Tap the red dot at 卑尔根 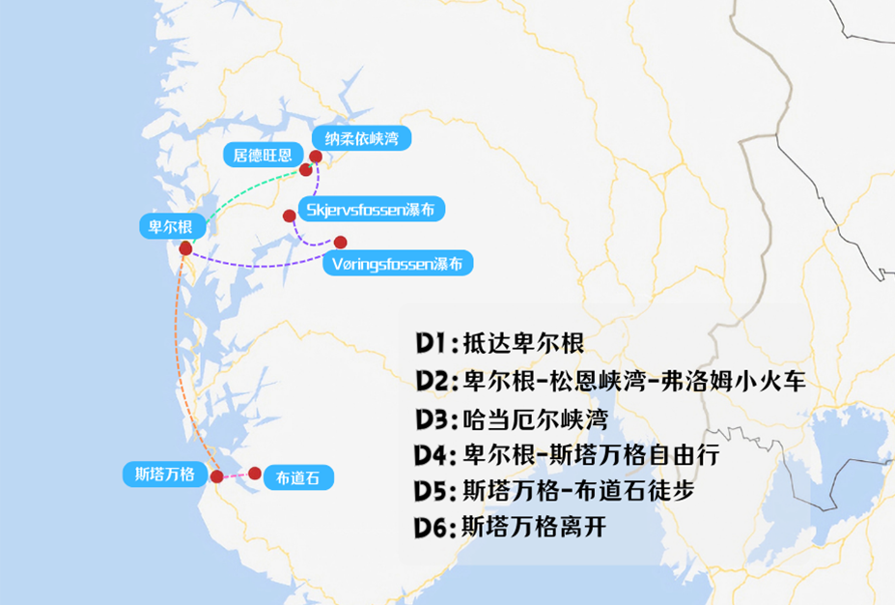coord(185,248)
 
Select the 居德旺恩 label coord(257,155)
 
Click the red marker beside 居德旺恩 coord(305,170)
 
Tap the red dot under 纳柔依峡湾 coord(316,157)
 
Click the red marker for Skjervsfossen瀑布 coord(288,216)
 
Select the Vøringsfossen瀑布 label coord(397,263)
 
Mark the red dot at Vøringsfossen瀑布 coord(340,242)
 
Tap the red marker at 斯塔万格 coord(217,476)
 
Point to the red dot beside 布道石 coord(255,474)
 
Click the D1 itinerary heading coord(431,342)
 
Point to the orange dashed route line coord(180,367)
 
